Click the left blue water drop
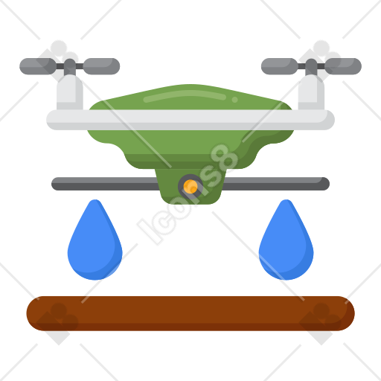(x=95, y=244)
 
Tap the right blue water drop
(x=286, y=244)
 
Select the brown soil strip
(x=190, y=313)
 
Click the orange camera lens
(x=190, y=187)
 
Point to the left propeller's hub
(x=70, y=66)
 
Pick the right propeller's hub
(x=311, y=66)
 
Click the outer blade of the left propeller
(x=38, y=66)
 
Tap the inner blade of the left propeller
(x=101, y=66)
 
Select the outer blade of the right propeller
(x=343, y=66)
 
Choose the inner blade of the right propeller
(x=280, y=66)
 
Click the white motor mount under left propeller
(x=70, y=92)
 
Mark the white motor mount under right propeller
(x=311, y=92)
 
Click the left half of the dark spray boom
(x=105, y=184)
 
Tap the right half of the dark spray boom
(x=276, y=184)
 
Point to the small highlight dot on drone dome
(x=234, y=100)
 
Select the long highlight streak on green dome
(x=185, y=96)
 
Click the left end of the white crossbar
(x=47, y=120)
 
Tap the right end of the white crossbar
(x=334, y=120)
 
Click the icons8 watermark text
(x=188, y=194)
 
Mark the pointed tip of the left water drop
(x=95, y=199)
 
